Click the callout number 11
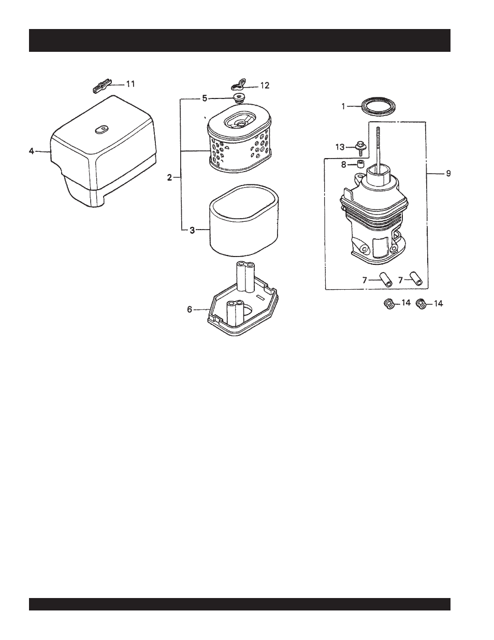[130, 83]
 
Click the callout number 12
[264, 86]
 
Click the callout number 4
[32, 151]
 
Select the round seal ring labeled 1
[376, 108]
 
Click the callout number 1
[343, 106]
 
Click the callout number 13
[340, 147]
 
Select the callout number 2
[170, 178]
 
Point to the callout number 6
[190, 309]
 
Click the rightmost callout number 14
[438, 304]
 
